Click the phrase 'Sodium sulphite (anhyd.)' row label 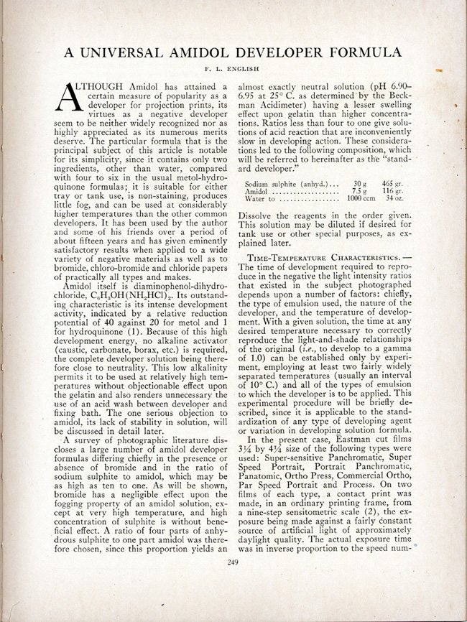[287, 185]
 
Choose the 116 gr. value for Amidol [392, 192]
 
